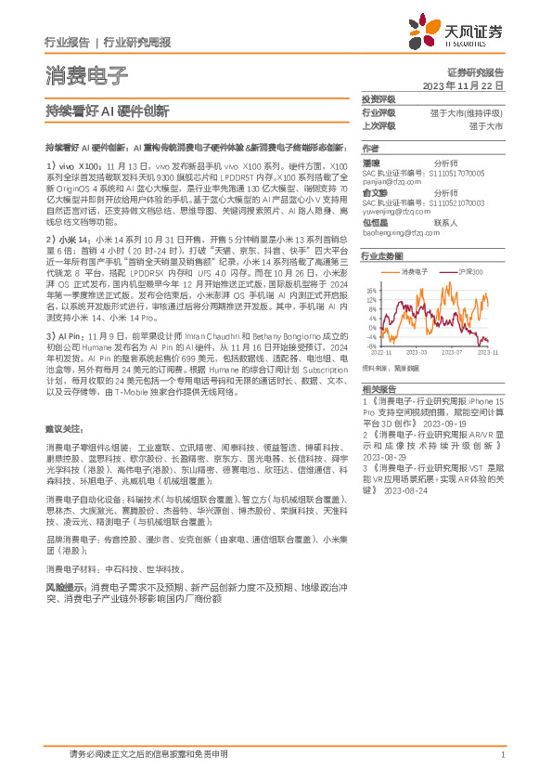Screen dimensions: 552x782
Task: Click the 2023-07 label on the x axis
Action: (452, 353)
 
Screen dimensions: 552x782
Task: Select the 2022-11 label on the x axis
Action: (382, 353)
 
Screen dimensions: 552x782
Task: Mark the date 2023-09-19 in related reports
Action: (442, 423)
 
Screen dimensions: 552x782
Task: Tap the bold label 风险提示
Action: (66, 588)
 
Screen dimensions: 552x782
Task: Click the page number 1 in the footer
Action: (502, 754)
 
